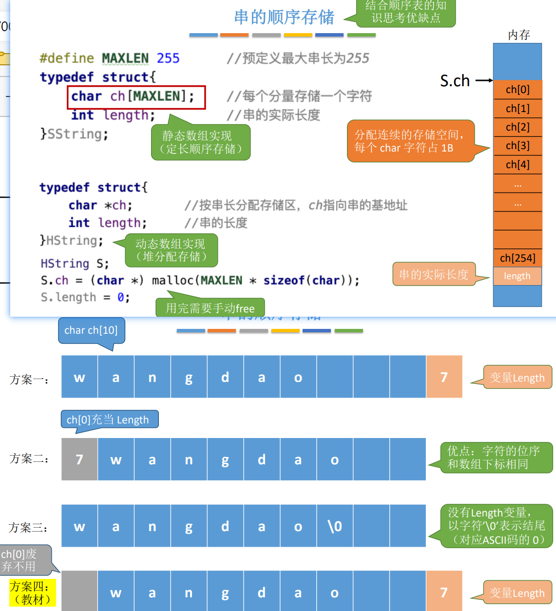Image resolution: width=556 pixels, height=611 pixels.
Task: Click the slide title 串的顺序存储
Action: [284, 17]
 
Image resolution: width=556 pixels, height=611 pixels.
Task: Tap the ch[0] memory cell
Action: [518, 90]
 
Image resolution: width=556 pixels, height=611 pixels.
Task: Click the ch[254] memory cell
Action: [518, 258]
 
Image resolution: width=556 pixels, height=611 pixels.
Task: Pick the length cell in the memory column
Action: [517, 276]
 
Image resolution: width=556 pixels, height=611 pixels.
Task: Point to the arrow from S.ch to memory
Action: [483, 80]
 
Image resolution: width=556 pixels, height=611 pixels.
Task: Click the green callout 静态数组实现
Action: [201, 142]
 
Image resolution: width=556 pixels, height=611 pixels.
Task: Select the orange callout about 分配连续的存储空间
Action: [410, 141]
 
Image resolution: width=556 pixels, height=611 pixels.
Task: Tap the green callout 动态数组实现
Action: [171, 250]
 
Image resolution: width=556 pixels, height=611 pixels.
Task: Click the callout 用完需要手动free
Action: [210, 308]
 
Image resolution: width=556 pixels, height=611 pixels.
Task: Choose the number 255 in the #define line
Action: [168, 58]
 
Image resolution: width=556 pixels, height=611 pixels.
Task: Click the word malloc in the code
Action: [173, 281]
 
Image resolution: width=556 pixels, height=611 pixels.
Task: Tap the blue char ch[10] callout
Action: [91, 330]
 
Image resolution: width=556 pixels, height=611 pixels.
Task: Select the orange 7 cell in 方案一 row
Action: [444, 377]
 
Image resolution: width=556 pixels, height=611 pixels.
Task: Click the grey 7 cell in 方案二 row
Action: [79, 459]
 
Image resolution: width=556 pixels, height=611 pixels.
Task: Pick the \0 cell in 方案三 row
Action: [335, 526]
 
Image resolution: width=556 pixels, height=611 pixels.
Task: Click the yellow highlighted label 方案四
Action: [33, 592]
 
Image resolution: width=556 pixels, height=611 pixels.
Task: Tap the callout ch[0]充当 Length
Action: [109, 420]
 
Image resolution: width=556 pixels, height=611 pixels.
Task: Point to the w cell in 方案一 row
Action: [79, 377]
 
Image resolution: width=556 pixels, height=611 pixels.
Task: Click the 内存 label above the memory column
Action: [518, 35]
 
